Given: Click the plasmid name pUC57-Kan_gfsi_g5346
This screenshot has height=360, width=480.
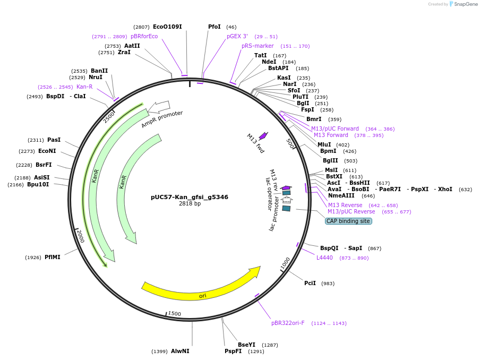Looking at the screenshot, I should tap(190, 197).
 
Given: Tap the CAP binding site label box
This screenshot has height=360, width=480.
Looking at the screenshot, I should tap(348, 221).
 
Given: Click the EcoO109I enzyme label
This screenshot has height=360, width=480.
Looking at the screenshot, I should tap(167, 27).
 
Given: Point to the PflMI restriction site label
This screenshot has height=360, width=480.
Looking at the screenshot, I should tap(53, 257).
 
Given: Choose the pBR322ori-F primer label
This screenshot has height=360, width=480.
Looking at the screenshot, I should tap(288, 323).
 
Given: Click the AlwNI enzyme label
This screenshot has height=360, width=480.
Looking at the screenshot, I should tap(180, 351).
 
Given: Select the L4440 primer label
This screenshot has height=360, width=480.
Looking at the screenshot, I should tap(324, 258).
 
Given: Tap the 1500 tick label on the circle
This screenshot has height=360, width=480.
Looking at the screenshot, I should tap(174, 314).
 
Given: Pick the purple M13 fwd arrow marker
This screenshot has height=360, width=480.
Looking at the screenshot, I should tap(263, 136).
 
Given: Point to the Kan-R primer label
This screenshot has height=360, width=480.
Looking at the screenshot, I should tap(84, 87).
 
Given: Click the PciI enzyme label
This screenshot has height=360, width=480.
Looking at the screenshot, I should tap(310, 283).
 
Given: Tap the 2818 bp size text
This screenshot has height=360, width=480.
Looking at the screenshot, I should tap(190, 204).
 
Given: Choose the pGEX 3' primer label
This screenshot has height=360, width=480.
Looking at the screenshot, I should tap(237, 36).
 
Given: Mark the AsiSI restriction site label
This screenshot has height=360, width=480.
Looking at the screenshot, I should tap(42, 177).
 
